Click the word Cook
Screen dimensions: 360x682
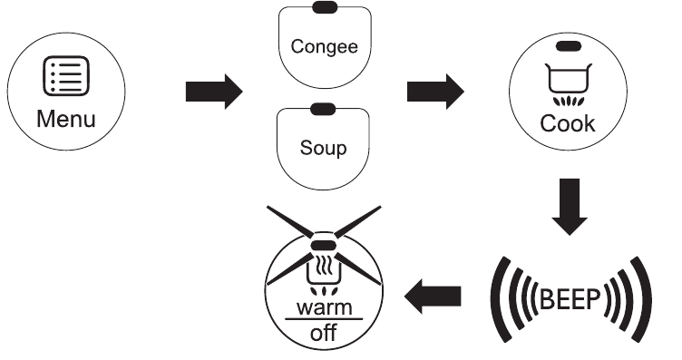(x=569, y=124)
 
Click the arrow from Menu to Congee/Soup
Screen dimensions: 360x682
(x=214, y=91)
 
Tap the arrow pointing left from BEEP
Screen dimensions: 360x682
(x=434, y=294)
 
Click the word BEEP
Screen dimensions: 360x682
(x=570, y=295)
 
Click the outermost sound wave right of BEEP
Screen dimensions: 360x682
(x=642, y=295)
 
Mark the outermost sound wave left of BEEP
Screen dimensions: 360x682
(x=496, y=295)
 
